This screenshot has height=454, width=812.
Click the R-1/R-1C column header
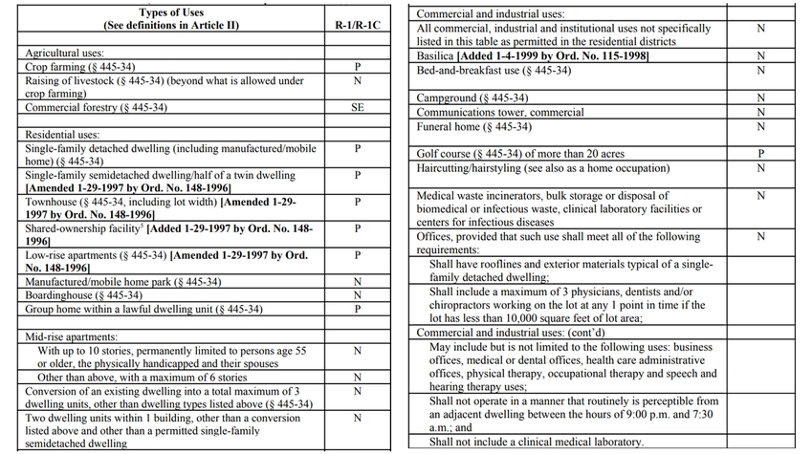[x=357, y=24]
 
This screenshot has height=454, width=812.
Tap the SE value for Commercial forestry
[x=357, y=108]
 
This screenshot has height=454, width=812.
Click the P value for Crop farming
[x=357, y=68]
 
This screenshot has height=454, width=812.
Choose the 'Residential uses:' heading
[x=63, y=136]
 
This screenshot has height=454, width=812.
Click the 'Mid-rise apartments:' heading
[x=72, y=337]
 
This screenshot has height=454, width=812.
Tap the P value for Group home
[x=357, y=309]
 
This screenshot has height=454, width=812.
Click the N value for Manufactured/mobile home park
[x=357, y=282]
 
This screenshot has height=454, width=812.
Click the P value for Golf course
[x=761, y=154]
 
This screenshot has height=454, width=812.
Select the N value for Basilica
[x=761, y=56]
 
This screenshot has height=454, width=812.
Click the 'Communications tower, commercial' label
[x=500, y=113]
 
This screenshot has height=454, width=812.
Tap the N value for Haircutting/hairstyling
[x=761, y=168]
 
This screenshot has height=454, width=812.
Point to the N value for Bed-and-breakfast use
[x=761, y=71]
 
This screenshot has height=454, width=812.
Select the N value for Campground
[x=761, y=98]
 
